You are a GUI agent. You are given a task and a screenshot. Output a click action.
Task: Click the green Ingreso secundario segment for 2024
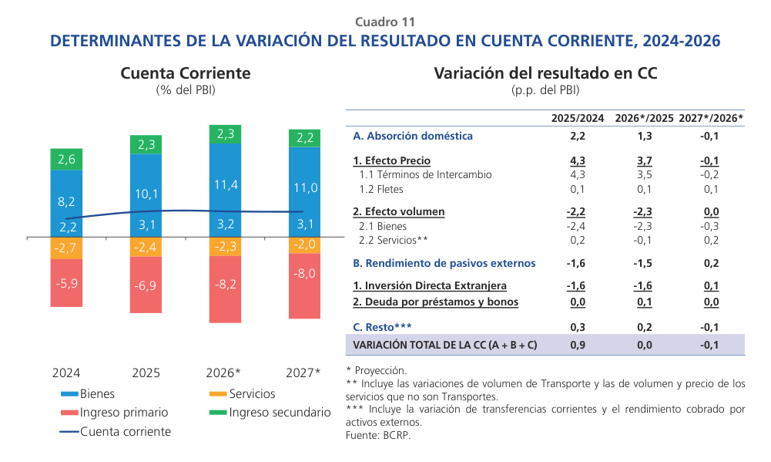coord(66,159)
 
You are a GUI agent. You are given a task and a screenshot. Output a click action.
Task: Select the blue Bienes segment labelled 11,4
coord(226,185)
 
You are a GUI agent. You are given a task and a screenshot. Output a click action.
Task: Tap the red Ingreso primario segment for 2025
coord(146,285)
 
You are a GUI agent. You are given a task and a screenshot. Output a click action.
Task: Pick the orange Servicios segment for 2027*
coord(305,244)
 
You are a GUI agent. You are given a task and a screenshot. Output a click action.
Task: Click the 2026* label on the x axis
coord(223,373)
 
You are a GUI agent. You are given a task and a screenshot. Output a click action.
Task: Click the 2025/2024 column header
coord(577,118)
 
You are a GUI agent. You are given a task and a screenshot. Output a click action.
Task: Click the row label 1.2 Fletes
coord(381,189)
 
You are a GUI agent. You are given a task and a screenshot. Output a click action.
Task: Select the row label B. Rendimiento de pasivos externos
coord(444,263)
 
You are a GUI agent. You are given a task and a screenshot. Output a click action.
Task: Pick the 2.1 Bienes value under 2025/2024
coord(577,226)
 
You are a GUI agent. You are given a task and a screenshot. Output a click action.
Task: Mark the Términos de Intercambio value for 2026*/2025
coord(644,174)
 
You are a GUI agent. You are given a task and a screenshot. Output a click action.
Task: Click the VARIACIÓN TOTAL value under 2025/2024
coord(577,345)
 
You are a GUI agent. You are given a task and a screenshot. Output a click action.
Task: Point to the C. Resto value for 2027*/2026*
coord(710,327)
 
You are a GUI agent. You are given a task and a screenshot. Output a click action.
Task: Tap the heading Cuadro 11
coord(385,22)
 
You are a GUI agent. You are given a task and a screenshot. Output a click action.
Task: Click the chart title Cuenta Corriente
coord(186,73)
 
